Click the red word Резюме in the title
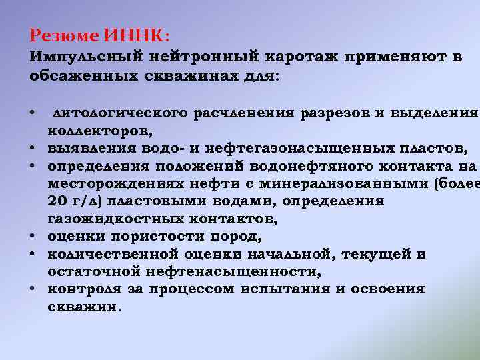(x=65, y=34)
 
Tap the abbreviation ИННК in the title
(x=133, y=34)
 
